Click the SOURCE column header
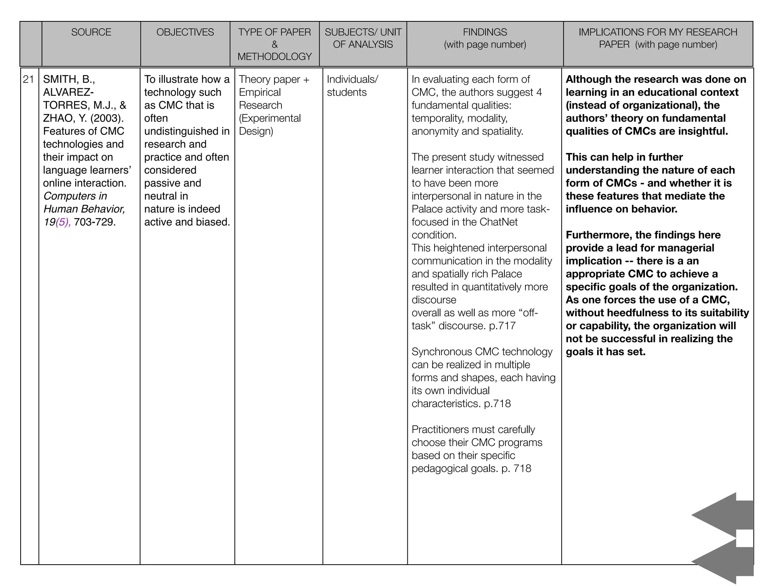pyautogui.click(x=91, y=32)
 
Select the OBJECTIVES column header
pyautogui.click(x=185, y=32)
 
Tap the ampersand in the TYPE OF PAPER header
pyautogui.click(x=275, y=44)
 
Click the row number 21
pyautogui.click(x=29, y=79)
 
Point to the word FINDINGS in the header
pyautogui.click(x=485, y=32)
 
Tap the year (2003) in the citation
pyautogui.click(x=107, y=118)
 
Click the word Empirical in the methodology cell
pyautogui.click(x=260, y=92)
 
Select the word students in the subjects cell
pyautogui.click(x=347, y=92)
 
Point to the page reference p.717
pyautogui.click(x=502, y=326)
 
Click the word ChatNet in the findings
pyautogui.click(x=499, y=222)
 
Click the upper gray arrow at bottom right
pyautogui.click(x=722, y=515)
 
